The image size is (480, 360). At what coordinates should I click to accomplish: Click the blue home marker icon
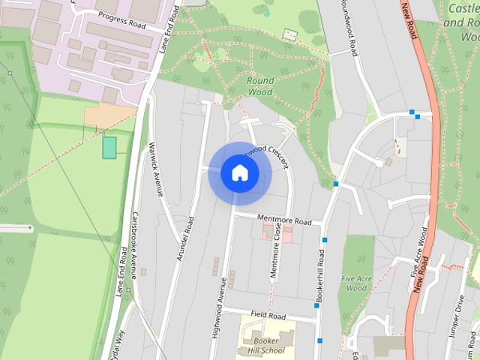[240, 172]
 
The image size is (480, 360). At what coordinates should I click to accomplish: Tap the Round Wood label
[260, 85]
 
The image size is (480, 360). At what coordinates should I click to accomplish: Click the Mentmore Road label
[283, 221]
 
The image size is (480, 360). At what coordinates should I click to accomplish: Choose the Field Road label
[268, 315]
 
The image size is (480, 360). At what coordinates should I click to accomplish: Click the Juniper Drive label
[459, 319]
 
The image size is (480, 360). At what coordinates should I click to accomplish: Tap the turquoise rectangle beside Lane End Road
[109, 147]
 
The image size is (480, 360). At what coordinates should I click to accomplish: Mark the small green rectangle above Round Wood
[290, 34]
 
